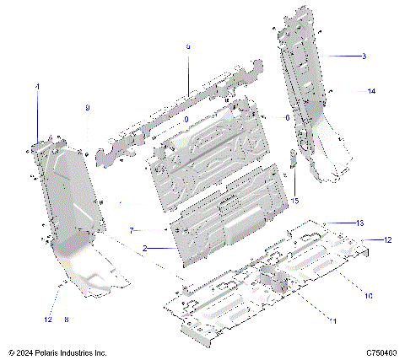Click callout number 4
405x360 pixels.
pos(37,87)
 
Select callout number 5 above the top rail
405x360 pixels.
pos(187,46)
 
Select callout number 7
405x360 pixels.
pos(132,230)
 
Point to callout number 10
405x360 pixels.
pos(368,295)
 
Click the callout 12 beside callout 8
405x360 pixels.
pos(48,320)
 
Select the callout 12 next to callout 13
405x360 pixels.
pos(388,240)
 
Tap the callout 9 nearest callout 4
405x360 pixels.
pos(87,108)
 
